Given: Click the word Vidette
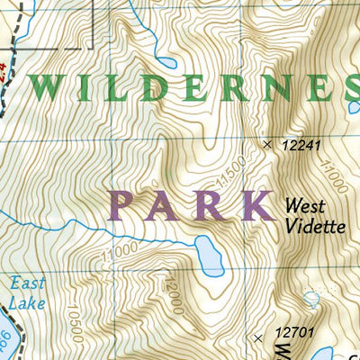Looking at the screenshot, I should point(316,226).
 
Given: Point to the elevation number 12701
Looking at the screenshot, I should point(292,335).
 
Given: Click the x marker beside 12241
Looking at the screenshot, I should point(266,144).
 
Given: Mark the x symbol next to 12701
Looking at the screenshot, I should point(259,337).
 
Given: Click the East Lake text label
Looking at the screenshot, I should point(28,293).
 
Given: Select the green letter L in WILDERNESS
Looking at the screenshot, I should point(111,88).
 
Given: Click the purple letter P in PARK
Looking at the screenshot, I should point(126,205).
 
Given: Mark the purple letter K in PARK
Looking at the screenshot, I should point(258,205).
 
